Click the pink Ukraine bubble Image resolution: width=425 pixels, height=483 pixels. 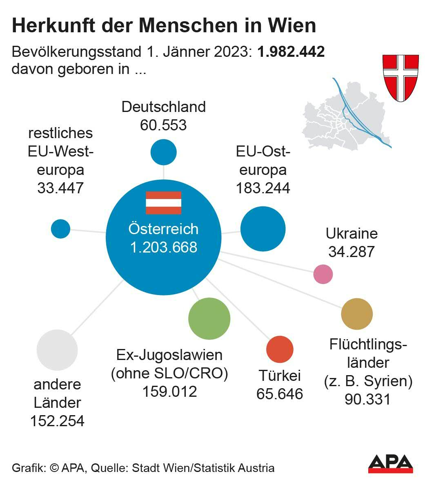pos(323,274)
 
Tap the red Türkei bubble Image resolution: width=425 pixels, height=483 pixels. pos(280,349)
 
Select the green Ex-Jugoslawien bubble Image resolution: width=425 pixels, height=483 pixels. pos(209,319)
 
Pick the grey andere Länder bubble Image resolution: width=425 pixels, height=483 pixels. pos(57,350)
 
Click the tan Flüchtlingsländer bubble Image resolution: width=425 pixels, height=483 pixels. pos(357,314)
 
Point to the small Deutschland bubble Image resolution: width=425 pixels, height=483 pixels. pos(163,152)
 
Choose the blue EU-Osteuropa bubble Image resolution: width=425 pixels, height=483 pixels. pos(263,229)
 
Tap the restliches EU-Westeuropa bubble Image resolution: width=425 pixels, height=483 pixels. pos(60,229)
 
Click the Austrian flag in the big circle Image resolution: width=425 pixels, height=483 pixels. pos(163,203)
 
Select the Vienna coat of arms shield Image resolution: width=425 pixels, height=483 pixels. pos(400,77)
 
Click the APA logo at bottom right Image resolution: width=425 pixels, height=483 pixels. pos(390,463)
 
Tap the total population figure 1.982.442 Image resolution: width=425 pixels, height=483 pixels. pos(291,52)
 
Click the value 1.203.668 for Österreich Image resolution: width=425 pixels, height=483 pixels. pos(163,247)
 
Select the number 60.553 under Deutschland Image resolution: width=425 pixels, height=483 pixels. pos(163,125)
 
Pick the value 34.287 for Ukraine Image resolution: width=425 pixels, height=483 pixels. pos(351,252)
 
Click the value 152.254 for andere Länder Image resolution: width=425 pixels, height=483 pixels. pos(57,420)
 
